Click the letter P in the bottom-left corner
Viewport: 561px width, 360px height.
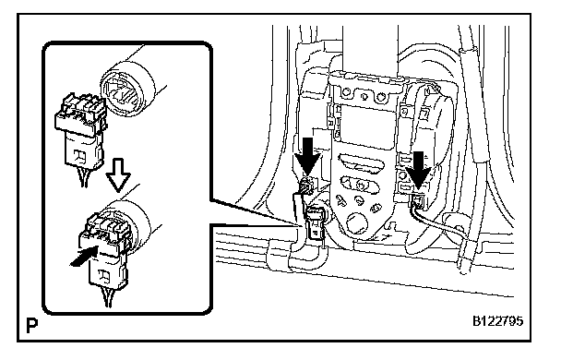point(32,325)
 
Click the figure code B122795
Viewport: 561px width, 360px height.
point(497,321)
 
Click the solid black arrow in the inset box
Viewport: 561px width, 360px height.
point(84,257)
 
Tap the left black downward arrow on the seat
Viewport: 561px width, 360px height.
point(307,156)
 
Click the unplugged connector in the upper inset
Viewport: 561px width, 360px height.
point(81,132)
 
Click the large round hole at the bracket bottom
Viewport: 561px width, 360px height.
point(357,222)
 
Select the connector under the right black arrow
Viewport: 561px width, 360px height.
point(418,201)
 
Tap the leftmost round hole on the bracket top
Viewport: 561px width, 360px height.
point(346,92)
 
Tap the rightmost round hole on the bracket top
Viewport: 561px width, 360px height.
point(381,96)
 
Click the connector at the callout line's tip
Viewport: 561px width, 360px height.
point(315,223)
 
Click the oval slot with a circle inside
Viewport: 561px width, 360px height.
point(360,183)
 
